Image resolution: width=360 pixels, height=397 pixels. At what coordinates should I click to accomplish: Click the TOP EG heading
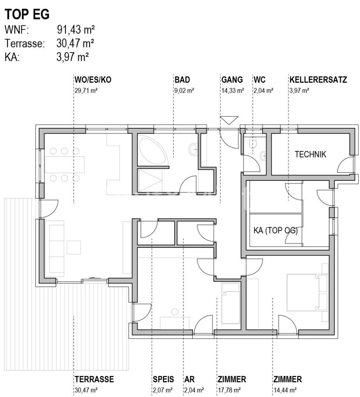click(x=27, y=14)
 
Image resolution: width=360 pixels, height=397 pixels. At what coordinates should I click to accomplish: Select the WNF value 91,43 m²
click(x=76, y=30)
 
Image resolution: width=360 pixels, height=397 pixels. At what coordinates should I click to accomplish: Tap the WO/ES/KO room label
click(x=93, y=80)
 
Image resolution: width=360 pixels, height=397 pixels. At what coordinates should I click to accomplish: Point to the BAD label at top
click(x=182, y=80)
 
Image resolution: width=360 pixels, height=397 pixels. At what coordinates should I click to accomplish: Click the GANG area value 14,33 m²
click(x=233, y=90)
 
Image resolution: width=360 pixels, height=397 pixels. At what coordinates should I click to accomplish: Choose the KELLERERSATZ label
click(x=318, y=80)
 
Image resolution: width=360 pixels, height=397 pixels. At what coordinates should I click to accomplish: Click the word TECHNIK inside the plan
click(x=310, y=154)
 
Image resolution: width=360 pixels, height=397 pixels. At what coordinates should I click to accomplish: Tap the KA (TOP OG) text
click(x=276, y=230)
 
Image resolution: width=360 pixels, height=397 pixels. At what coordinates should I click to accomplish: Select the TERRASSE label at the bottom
click(x=94, y=379)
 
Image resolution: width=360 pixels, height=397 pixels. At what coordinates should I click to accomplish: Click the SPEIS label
click(x=163, y=379)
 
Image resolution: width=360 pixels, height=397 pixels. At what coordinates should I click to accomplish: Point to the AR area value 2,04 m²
click(x=194, y=390)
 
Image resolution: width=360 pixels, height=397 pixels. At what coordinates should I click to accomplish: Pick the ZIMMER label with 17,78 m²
click(x=232, y=379)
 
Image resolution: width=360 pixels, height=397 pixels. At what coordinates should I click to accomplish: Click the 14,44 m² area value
click(x=285, y=390)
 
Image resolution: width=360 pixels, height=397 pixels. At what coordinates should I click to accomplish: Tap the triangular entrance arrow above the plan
click(x=229, y=120)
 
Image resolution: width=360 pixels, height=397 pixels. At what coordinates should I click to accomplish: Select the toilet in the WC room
click(x=253, y=143)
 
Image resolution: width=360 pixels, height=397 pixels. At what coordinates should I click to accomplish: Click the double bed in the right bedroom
click(x=307, y=293)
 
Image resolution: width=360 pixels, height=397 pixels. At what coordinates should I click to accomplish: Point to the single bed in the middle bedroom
click(x=231, y=303)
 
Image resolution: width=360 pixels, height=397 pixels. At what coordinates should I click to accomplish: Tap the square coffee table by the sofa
click(x=74, y=247)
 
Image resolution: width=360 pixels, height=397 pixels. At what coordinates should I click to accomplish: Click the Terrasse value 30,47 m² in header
click(x=75, y=43)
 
